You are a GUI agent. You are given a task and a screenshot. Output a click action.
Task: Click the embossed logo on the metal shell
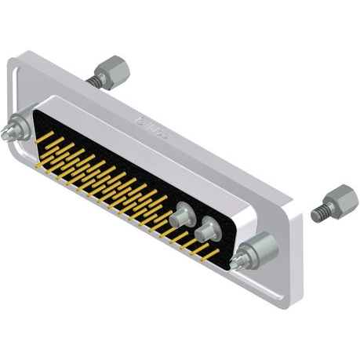[x=152, y=126]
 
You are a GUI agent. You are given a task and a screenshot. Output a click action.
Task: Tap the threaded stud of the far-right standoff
[x=319, y=213]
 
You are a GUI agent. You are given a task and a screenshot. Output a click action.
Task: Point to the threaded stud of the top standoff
[x=96, y=80]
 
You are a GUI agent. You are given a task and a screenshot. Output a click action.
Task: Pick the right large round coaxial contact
[x=208, y=231]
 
